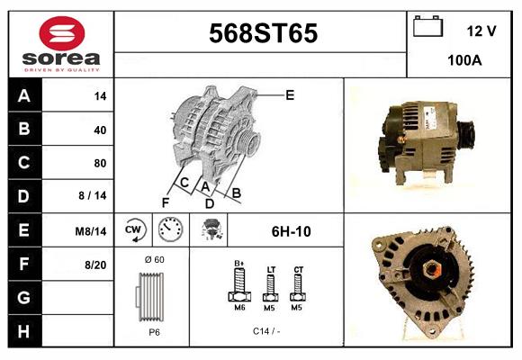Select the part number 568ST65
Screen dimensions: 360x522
[x=263, y=33]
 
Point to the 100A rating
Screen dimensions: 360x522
[x=464, y=60]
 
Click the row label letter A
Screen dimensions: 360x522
[x=24, y=95]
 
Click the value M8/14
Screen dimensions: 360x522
[x=92, y=231]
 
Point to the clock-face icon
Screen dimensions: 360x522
[x=170, y=230]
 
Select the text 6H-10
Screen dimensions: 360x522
[x=291, y=231]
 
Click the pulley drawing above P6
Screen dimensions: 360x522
[x=151, y=295]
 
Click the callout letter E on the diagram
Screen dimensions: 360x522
[x=290, y=94]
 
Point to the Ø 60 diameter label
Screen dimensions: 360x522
[x=153, y=260]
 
